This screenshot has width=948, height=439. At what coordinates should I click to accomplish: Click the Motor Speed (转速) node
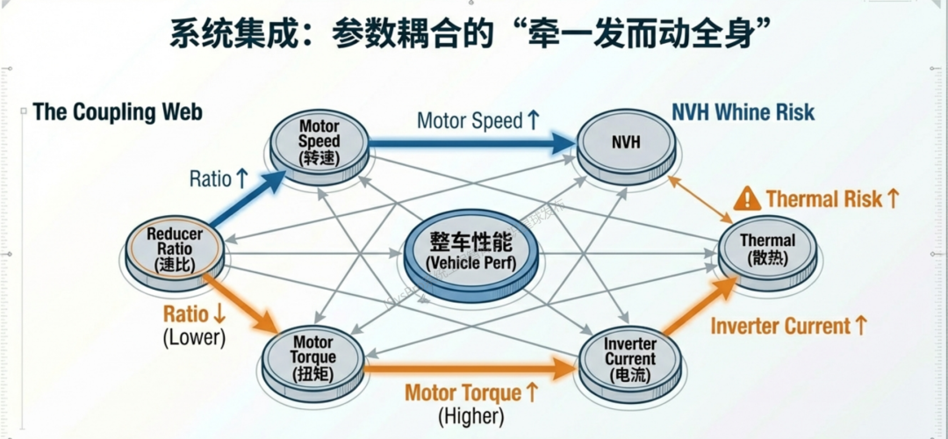319,143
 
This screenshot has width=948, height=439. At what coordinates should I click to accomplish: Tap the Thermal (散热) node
766,249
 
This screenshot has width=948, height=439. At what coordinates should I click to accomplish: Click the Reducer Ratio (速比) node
174,249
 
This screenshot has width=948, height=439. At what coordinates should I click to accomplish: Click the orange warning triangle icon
747,198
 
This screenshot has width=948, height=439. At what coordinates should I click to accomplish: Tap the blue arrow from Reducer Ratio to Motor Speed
248,198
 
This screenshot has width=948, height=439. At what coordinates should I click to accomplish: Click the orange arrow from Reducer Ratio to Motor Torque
239,305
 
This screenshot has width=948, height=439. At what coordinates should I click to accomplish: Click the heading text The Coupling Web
118,112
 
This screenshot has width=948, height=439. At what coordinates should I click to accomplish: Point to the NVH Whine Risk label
743,112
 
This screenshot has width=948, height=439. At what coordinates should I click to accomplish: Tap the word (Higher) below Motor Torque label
470,415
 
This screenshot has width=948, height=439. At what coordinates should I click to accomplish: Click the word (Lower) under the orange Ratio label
194,337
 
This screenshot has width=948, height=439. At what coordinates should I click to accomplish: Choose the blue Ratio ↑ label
219,179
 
